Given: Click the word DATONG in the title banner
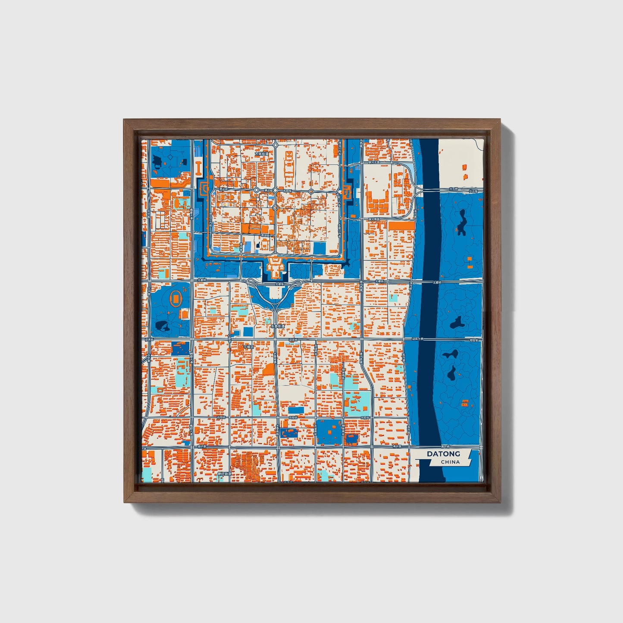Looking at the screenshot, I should click(x=443, y=454).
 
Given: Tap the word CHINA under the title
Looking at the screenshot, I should click(x=450, y=462).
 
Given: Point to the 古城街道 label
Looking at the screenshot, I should click(x=261, y=153).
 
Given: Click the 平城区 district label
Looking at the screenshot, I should click(x=248, y=346).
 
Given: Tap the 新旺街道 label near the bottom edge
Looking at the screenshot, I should click(x=224, y=473).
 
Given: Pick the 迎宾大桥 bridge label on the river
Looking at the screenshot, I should click(x=417, y=339).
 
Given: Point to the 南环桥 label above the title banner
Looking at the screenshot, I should click(x=445, y=446).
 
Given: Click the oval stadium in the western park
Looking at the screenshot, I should click(x=176, y=298).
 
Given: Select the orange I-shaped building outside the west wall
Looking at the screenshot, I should click(x=199, y=168).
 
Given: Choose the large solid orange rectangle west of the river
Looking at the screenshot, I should click(x=401, y=225).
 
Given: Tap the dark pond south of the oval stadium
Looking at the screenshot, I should click(x=162, y=326).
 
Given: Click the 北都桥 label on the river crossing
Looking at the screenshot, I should click(x=437, y=282).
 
